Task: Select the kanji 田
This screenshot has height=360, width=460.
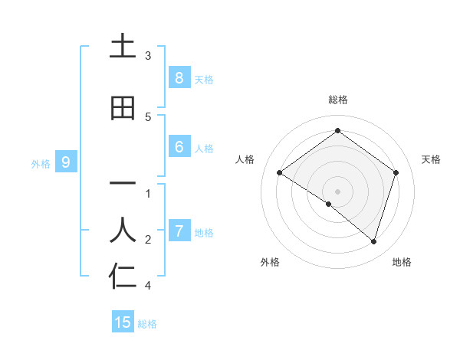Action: [123, 108]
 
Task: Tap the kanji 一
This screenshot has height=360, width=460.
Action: [123, 184]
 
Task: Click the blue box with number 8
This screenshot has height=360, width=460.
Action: [179, 77]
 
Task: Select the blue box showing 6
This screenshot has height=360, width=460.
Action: [179, 147]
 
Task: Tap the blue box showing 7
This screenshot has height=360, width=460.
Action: [179, 231]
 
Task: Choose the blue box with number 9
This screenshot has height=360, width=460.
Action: [66, 162]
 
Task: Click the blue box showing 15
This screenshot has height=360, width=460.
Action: [123, 322]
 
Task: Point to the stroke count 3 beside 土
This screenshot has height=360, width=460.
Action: [148, 55]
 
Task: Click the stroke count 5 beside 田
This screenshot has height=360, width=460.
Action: [148, 116]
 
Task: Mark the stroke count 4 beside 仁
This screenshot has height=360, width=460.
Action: [148, 286]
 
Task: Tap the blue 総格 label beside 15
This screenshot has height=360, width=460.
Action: [147, 324]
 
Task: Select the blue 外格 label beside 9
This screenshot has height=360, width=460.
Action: [41, 163]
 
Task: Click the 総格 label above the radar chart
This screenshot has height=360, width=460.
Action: [337, 100]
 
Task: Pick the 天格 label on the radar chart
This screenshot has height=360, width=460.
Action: [431, 159]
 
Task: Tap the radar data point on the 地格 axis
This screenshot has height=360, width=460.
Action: [373, 241]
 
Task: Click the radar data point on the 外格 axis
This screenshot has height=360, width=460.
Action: [329, 204]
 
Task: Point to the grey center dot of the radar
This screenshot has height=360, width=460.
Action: [337, 191]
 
